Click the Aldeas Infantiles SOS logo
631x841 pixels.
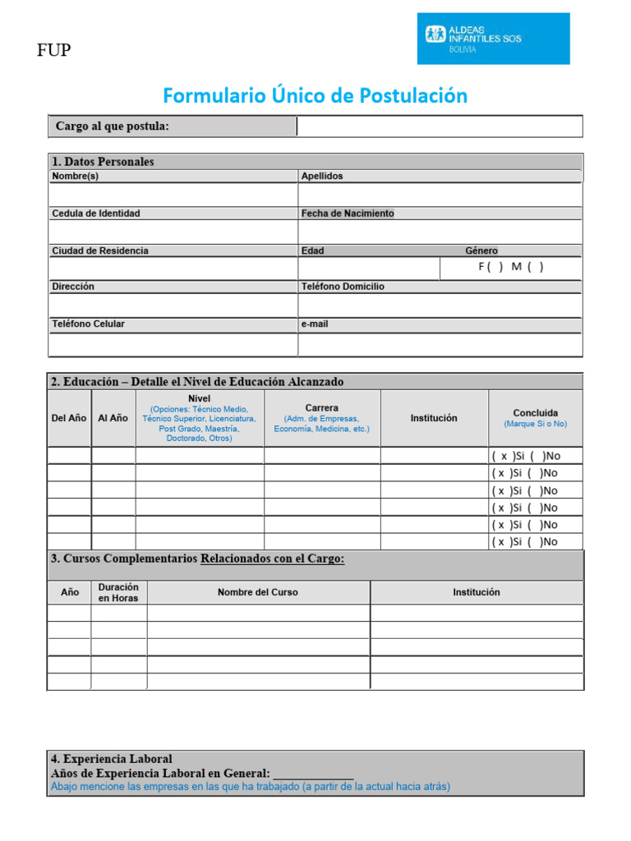coord(493,38)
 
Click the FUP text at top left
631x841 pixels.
coord(54,52)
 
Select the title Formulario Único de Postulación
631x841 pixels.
coord(315,96)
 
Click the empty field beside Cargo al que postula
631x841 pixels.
coord(440,126)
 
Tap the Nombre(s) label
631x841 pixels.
coord(76,176)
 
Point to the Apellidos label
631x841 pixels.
coord(322,176)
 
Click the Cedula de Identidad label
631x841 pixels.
coord(96,214)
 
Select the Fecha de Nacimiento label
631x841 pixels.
coord(348,214)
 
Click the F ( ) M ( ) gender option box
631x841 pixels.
coord(510,267)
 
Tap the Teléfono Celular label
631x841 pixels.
coord(89,324)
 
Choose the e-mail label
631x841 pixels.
coord(315,324)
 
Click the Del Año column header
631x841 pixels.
coord(69,418)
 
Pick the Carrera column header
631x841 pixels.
coord(321,408)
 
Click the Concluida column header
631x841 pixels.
coord(535,413)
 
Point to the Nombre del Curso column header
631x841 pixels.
coord(258,592)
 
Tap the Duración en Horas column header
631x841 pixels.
coord(118,592)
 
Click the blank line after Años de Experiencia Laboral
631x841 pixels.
coord(313,774)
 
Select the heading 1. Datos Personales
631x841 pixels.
coord(103,162)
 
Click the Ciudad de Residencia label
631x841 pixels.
coord(100,250)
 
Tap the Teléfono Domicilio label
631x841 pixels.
coord(343,287)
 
